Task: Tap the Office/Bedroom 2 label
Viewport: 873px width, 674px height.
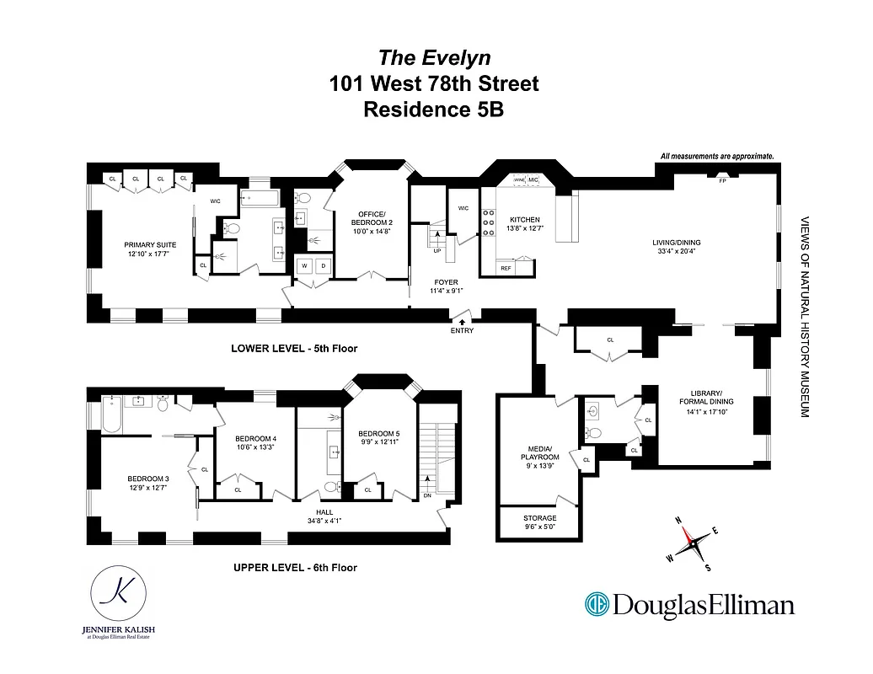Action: tap(371, 217)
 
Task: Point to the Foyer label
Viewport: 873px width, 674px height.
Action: tap(447, 284)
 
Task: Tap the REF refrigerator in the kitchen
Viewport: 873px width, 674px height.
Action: tap(506, 268)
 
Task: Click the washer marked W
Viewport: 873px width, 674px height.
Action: tap(303, 266)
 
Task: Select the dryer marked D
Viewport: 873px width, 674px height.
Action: tap(322, 266)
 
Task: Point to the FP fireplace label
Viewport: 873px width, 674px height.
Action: tap(722, 182)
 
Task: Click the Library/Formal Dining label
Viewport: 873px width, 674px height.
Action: tap(706, 398)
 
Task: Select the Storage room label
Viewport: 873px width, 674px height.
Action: tap(539, 518)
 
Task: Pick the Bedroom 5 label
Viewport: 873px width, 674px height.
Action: tap(378, 436)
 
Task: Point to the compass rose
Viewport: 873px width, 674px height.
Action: tap(696, 543)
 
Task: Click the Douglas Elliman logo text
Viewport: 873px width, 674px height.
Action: tap(690, 605)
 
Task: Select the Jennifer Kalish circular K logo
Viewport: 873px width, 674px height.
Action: tap(118, 596)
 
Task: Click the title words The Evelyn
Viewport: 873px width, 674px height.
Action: tap(434, 57)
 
